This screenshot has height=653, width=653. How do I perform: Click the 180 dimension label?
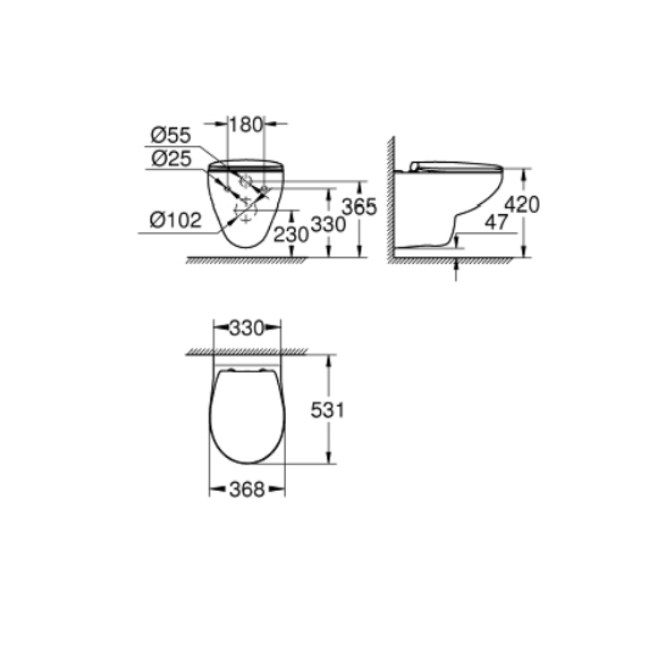(246, 125)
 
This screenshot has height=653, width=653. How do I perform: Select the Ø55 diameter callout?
(170, 135)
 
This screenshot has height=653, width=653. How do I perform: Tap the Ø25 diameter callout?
(171, 159)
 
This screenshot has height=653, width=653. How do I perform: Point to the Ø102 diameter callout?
(176, 220)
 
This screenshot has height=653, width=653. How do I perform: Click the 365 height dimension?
(359, 206)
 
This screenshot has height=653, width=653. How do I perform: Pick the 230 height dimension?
(291, 234)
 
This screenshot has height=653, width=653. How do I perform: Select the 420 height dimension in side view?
(522, 204)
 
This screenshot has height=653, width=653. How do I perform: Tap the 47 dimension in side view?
(496, 222)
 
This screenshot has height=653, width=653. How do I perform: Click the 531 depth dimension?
(328, 411)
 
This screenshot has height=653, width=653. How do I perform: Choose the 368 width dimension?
(247, 490)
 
